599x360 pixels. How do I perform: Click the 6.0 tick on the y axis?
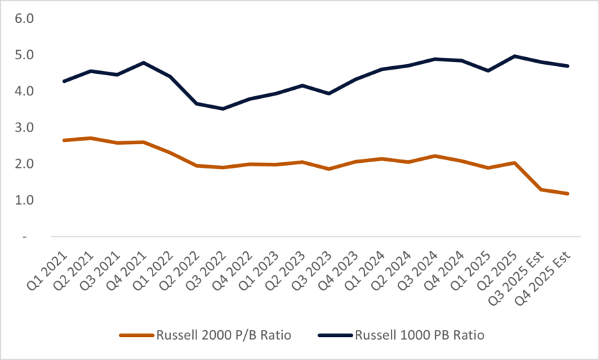[24, 18]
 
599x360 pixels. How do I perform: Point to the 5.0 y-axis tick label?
[24, 54]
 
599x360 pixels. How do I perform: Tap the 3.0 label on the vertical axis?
[24, 127]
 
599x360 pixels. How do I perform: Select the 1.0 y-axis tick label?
[24, 200]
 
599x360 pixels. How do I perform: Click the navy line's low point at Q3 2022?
[222, 109]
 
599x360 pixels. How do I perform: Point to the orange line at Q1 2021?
[64, 140]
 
